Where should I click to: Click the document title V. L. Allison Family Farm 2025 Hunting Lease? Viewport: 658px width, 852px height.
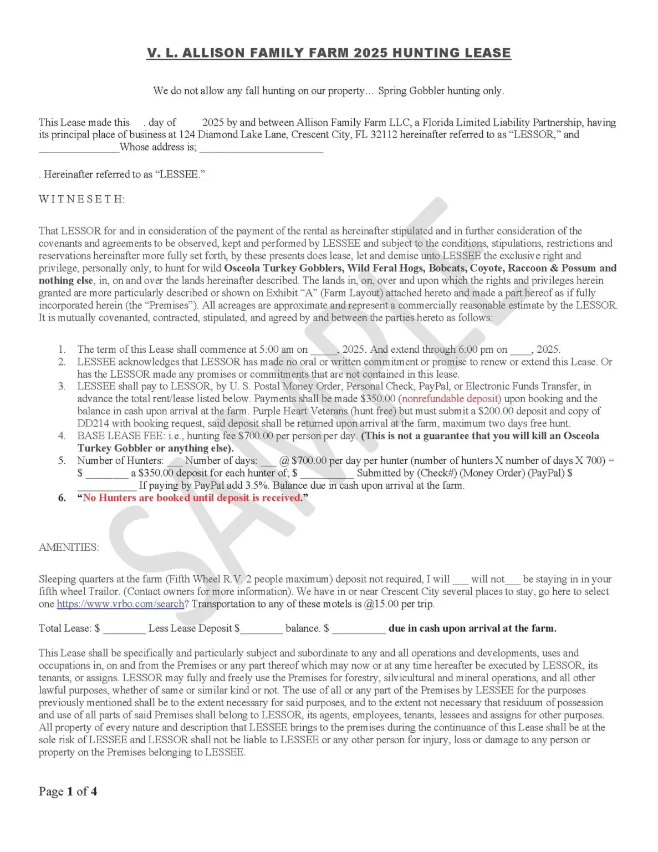329,53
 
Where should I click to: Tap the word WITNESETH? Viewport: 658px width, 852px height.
81,199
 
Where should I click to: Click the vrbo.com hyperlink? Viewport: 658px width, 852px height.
120,604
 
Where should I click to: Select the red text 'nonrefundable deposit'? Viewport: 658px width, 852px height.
450,399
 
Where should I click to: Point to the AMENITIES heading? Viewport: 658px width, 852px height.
69,547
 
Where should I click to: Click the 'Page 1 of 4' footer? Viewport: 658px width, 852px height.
68,792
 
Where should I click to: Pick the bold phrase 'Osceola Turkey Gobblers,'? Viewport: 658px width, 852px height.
283,268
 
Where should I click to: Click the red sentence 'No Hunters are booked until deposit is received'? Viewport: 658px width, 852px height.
192,498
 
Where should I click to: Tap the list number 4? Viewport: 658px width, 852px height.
62,436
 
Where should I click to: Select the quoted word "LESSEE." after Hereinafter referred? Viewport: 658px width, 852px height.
181,174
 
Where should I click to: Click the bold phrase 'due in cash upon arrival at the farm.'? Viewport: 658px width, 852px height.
472,628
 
